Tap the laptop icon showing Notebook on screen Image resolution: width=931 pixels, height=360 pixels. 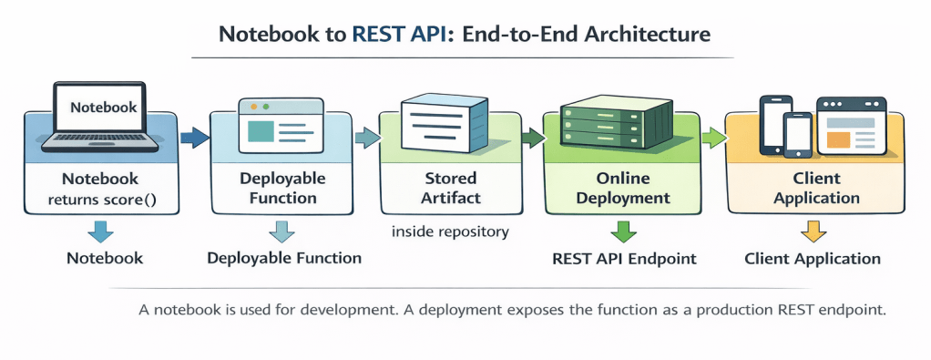(100, 117)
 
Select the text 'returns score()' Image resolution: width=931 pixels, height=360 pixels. (101, 199)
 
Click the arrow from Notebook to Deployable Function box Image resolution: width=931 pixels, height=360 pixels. (194, 138)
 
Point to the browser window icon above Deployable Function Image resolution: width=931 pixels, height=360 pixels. (281, 125)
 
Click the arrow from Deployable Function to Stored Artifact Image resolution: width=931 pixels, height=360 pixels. (367, 138)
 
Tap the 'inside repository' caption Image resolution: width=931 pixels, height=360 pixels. (450, 231)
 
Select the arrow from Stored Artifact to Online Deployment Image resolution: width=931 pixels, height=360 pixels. (533, 138)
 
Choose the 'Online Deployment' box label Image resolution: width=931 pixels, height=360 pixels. (623, 188)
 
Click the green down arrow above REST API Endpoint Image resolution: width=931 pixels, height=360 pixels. (623, 231)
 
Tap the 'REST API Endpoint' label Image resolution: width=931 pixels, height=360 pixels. (624, 259)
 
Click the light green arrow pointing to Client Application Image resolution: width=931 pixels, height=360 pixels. (714, 138)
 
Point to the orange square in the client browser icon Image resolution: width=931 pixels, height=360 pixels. (838, 139)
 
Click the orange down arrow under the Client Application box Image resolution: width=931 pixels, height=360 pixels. (813, 231)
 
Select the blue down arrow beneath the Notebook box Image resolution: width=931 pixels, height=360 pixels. (100, 231)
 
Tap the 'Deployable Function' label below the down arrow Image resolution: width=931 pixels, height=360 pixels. (284, 258)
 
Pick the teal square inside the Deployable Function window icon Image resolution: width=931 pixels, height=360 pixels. (260, 130)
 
